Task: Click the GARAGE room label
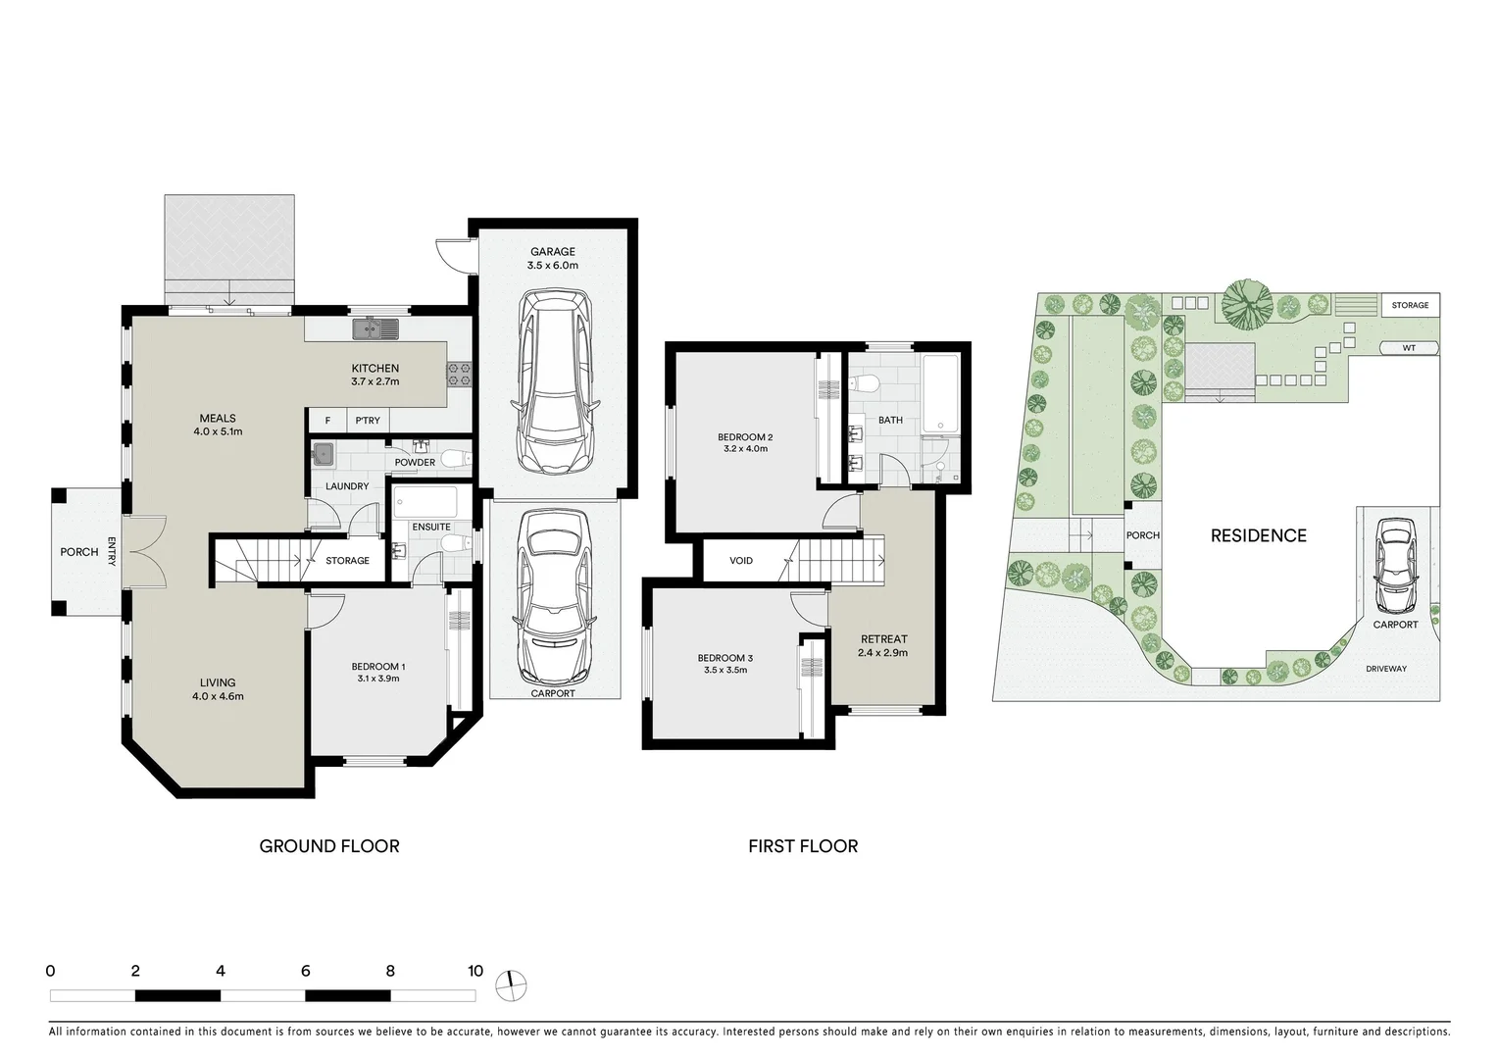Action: tap(552, 252)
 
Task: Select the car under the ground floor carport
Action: tap(555, 596)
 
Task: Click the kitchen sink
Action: tap(376, 328)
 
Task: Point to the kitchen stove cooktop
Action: tap(459, 373)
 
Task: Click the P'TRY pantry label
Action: tap(368, 421)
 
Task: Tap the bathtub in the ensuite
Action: tap(424, 503)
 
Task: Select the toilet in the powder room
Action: tap(453, 457)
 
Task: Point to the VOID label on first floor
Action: tap(741, 561)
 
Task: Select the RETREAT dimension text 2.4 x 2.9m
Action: tap(882, 652)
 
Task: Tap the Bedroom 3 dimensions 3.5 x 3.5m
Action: tap(725, 671)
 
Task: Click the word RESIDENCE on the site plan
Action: tap(1258, 535)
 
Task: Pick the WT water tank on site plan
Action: tap(1409, 348)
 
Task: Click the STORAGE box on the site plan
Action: tap(1410, 305)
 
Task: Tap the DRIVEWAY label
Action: tap(1385, 669)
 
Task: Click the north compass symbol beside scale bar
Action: tap(511, 984)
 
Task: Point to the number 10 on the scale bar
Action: tap(475, 972)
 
